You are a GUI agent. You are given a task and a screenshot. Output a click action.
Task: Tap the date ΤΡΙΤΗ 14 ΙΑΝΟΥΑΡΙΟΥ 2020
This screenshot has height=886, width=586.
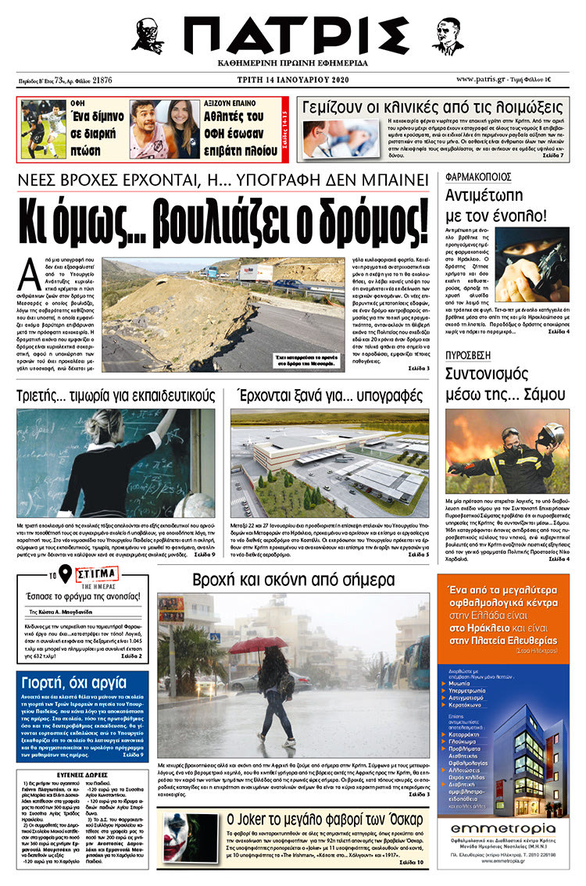pos(292,80)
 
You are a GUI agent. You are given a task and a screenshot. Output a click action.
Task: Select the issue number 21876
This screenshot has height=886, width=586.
pos(102,80)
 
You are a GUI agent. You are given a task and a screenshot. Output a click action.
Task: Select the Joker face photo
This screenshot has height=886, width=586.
pos(190,837)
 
